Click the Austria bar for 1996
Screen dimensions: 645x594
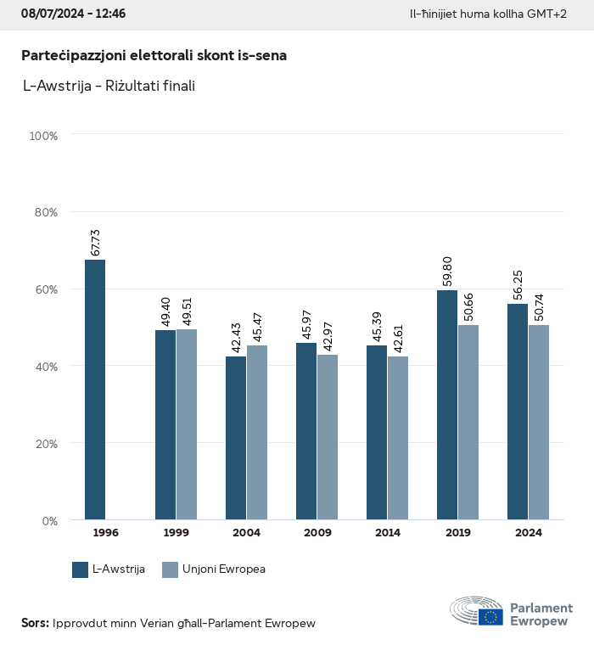pos(95,390)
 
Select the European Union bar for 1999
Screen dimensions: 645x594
pos(187,424)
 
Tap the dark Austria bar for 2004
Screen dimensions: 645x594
pos(236,438)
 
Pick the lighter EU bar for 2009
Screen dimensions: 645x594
pos(328,437)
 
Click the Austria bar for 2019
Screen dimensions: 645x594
pos(447,405)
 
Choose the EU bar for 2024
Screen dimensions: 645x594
pos(539,422)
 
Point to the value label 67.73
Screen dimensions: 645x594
pos(96,243)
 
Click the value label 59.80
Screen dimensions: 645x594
pos(448,273)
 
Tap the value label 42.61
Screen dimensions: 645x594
pos(399,339)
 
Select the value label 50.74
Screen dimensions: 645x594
pos(540,308)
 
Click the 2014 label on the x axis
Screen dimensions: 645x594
pos(388,533)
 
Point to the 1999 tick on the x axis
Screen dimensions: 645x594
pos(177,533)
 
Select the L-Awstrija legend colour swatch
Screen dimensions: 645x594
pos(81,569)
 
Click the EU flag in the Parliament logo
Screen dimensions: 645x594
pos(490,617)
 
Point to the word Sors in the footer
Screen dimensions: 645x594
pos(34,624)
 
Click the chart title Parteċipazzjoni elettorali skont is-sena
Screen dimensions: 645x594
pos(154,55)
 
